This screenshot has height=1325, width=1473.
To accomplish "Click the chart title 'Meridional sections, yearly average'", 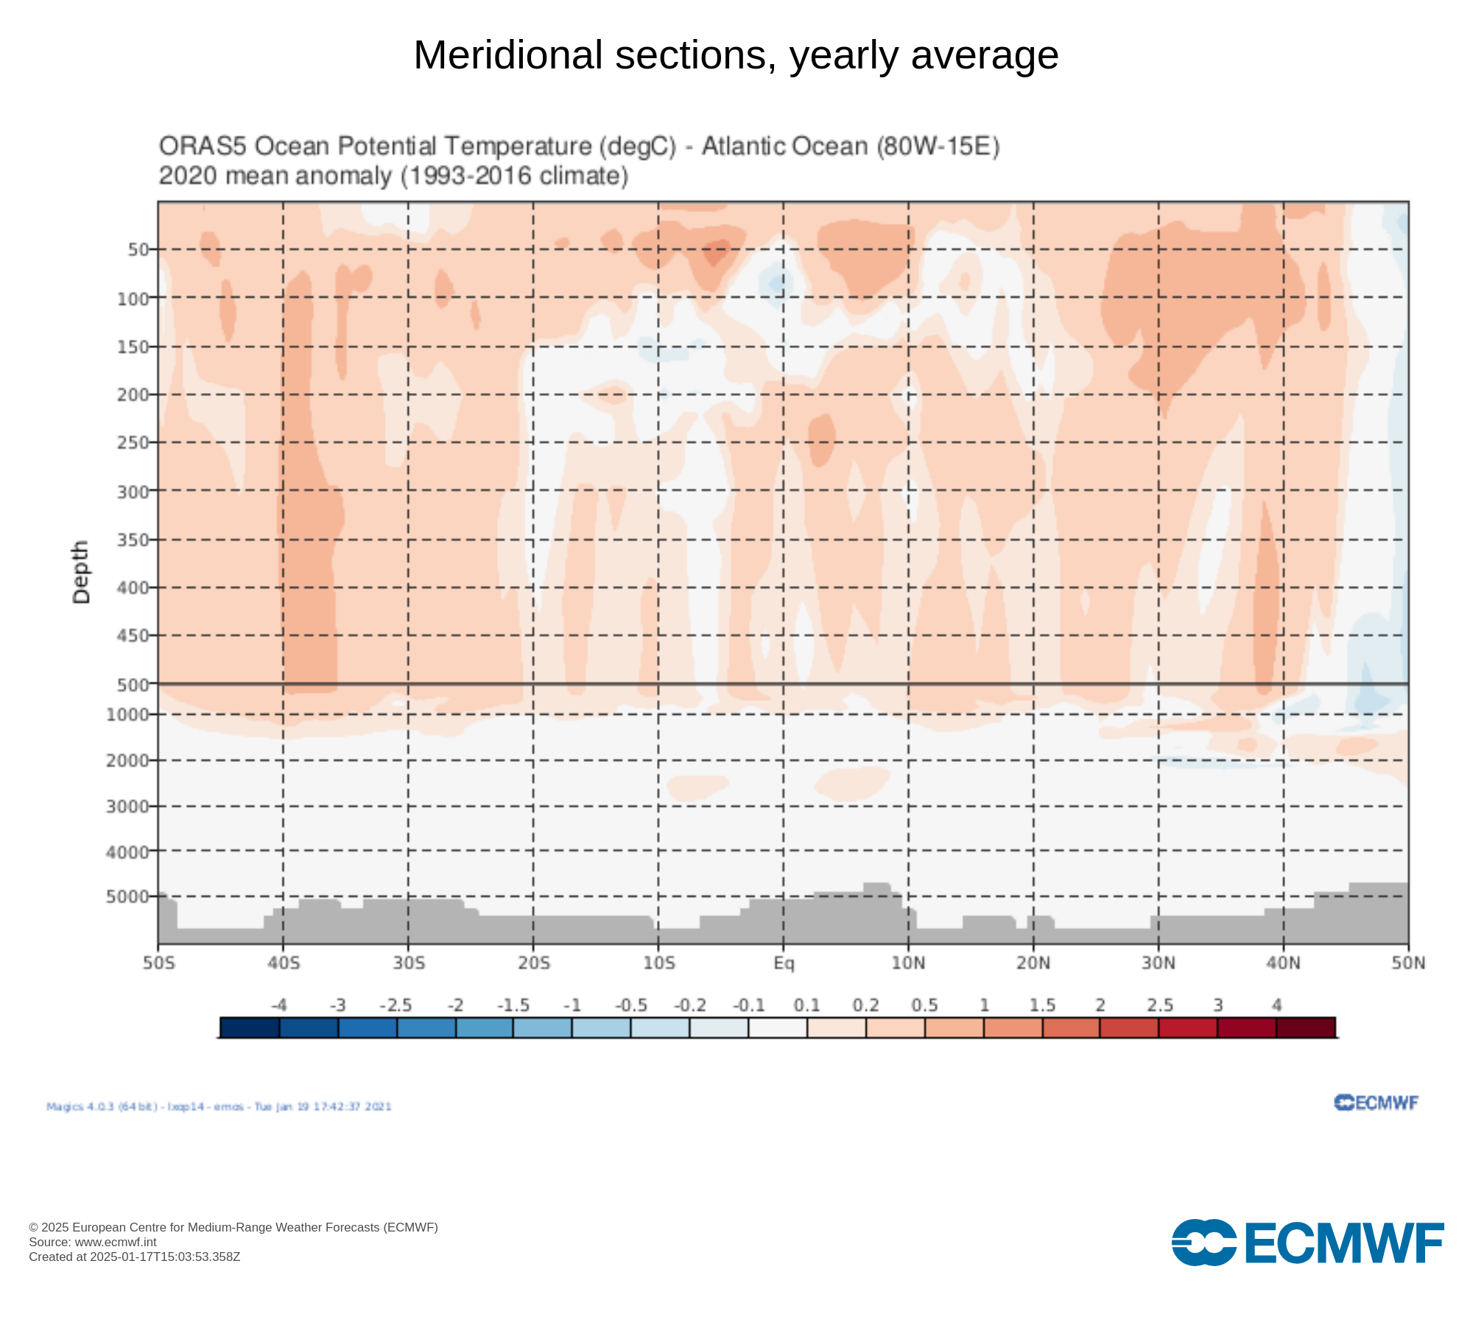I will click(736, 55).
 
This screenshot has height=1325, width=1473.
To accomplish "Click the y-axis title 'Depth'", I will click(81, 572).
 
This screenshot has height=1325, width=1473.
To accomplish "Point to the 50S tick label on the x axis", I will click(159, 963).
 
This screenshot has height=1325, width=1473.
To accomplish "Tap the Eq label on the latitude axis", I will click(784, 963).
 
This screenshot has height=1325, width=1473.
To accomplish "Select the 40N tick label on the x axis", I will click(1283, 963).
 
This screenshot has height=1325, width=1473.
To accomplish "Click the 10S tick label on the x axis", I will click(658, 963).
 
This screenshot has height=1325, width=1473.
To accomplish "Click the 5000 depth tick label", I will click(127, 897).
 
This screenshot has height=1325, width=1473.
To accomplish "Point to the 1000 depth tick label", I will click(127, 715).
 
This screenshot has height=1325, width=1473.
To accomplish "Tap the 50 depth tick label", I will click(138, 250).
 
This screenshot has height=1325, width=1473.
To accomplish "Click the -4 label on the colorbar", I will click(279, 1006).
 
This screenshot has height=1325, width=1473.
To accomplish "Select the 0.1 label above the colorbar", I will click(807, 1006).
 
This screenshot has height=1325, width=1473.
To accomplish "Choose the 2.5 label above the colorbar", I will click(1159, 1006).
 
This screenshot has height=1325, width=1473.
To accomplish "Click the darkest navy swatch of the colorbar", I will click(250, 1028).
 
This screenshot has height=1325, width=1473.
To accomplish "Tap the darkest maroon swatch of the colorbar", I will click(1305, 1028).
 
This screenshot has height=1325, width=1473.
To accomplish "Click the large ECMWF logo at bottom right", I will click(1307, 1243).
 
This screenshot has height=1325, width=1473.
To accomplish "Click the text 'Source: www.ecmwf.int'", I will click(93, 1243).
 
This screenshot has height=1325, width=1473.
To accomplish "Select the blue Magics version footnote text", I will click(219, 1106).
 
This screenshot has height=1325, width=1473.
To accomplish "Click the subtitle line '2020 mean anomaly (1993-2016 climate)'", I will click(393, 177).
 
